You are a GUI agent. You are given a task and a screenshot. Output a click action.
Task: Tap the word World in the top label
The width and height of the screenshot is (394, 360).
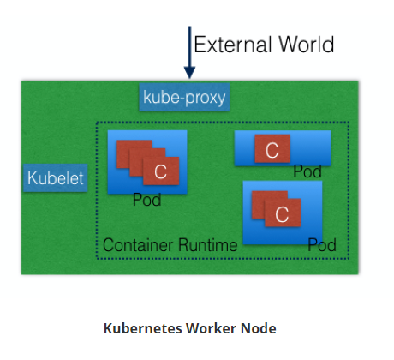pos(302,44)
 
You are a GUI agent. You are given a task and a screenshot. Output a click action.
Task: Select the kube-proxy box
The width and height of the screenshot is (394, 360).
pos(183,97)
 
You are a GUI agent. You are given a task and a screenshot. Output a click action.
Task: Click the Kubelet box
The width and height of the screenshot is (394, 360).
pos(56,177)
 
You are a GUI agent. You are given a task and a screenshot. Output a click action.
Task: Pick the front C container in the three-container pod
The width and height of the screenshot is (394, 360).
pos(160,171)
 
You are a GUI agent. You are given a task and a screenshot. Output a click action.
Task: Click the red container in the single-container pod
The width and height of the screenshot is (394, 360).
pos(272,151)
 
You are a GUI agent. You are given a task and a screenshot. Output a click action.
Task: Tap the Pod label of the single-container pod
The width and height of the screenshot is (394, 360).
pos(307,171)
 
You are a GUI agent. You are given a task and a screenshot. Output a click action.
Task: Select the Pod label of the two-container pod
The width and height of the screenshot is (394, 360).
pos(322,245)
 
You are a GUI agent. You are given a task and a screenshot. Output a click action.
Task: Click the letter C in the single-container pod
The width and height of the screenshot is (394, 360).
pos(272,152)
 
